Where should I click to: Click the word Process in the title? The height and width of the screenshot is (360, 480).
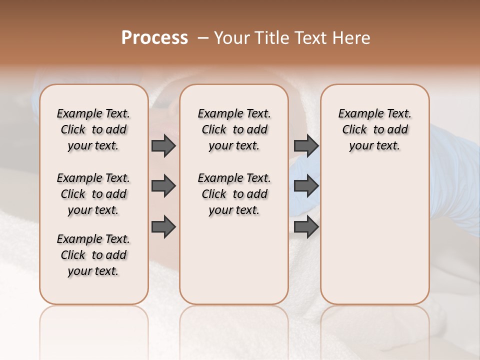tap(154, 38)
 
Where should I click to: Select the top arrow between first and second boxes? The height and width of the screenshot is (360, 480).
tap(163, 146)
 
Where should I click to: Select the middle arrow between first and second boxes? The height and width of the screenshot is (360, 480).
tap(163, 186)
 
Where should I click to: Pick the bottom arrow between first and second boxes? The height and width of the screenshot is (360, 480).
tap(163, 227)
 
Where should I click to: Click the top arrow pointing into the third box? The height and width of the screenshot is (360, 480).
tap(306, 146)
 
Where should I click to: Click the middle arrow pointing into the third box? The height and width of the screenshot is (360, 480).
tap(306, 186)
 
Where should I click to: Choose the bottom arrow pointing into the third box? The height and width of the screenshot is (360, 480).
tap(306, 227)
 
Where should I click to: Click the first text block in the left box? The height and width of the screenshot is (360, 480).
tap(93, 129)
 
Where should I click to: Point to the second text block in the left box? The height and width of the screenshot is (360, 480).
tap(93, 194)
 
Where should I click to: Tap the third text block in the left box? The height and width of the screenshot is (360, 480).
tap(93, 255)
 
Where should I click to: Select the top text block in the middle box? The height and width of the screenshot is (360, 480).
tap(234, 129)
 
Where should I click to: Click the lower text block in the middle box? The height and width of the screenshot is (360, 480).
tap(234, 194)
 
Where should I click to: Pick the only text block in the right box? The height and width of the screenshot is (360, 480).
tap(374, 129)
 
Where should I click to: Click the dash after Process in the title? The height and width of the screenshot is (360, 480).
tap(202, 38)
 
